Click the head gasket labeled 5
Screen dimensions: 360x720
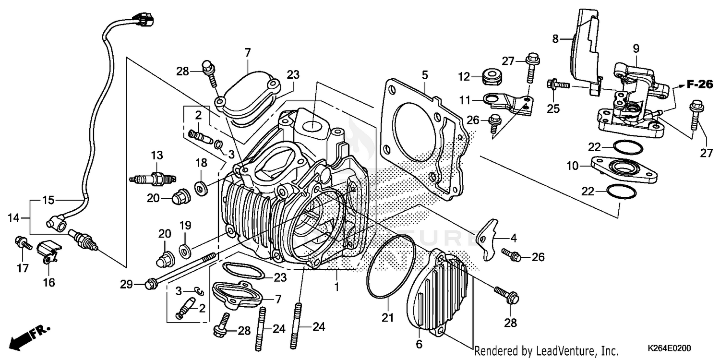[x=422, y=144]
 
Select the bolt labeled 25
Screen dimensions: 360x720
[x=557, y=85]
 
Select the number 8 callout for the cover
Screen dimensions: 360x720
[x=555, y=39]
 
